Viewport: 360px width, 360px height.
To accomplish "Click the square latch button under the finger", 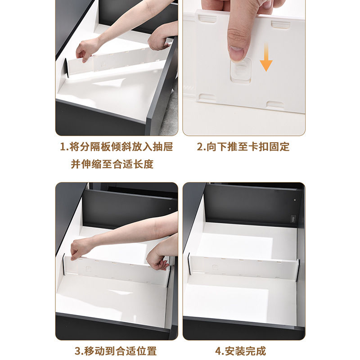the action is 241,70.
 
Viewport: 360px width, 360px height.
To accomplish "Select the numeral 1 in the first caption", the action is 62,147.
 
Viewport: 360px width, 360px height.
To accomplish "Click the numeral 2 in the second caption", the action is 199,147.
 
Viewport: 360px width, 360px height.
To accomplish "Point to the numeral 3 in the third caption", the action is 77,351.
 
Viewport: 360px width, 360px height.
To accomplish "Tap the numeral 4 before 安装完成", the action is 218,351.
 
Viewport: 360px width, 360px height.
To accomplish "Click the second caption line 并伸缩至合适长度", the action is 112,164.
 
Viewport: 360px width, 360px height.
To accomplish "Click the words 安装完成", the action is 245,351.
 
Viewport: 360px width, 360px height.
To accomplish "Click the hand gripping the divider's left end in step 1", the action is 85,50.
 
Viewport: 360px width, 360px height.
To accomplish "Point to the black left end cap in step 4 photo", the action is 189,264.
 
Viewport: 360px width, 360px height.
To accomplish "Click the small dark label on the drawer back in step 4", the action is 293,219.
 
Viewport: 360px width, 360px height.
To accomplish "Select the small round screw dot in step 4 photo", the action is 295,200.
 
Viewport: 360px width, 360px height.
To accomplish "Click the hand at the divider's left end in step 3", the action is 81,249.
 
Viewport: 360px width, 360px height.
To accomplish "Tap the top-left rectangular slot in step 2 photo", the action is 207,18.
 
